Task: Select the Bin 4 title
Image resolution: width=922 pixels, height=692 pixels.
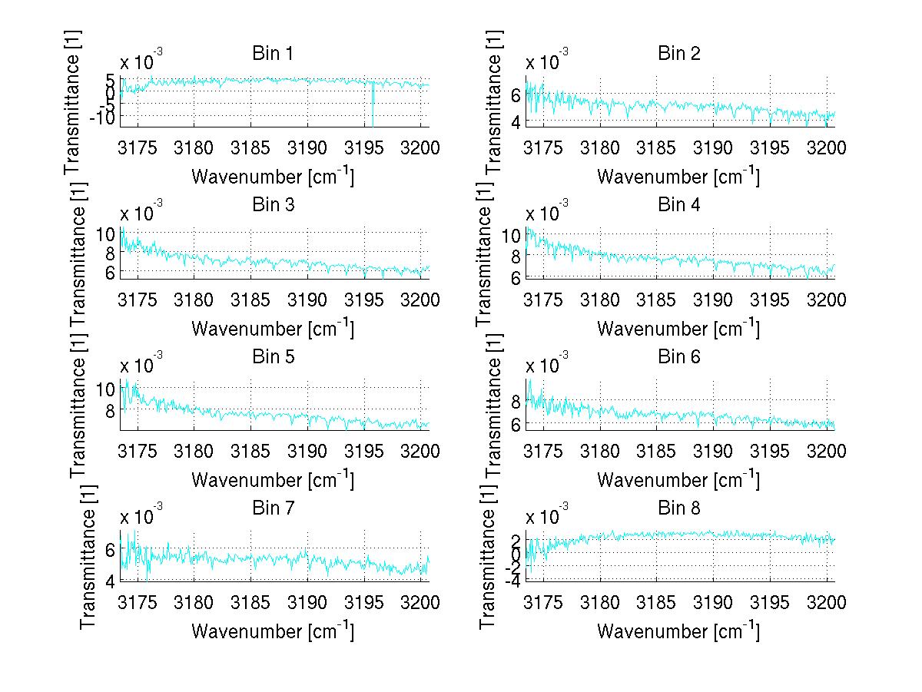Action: [x=678, y=205]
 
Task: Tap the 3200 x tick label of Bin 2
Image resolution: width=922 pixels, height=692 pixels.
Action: [x=826, y=148]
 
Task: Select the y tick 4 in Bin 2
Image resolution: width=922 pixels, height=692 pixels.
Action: [x=514, y=121]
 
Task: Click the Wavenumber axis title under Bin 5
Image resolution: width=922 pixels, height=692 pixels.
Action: [x=272, y=480]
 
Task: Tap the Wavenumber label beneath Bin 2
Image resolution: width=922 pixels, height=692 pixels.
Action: [x=678, y=177]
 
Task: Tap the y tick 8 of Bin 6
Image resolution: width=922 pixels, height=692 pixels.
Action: [x=514, y=401]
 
